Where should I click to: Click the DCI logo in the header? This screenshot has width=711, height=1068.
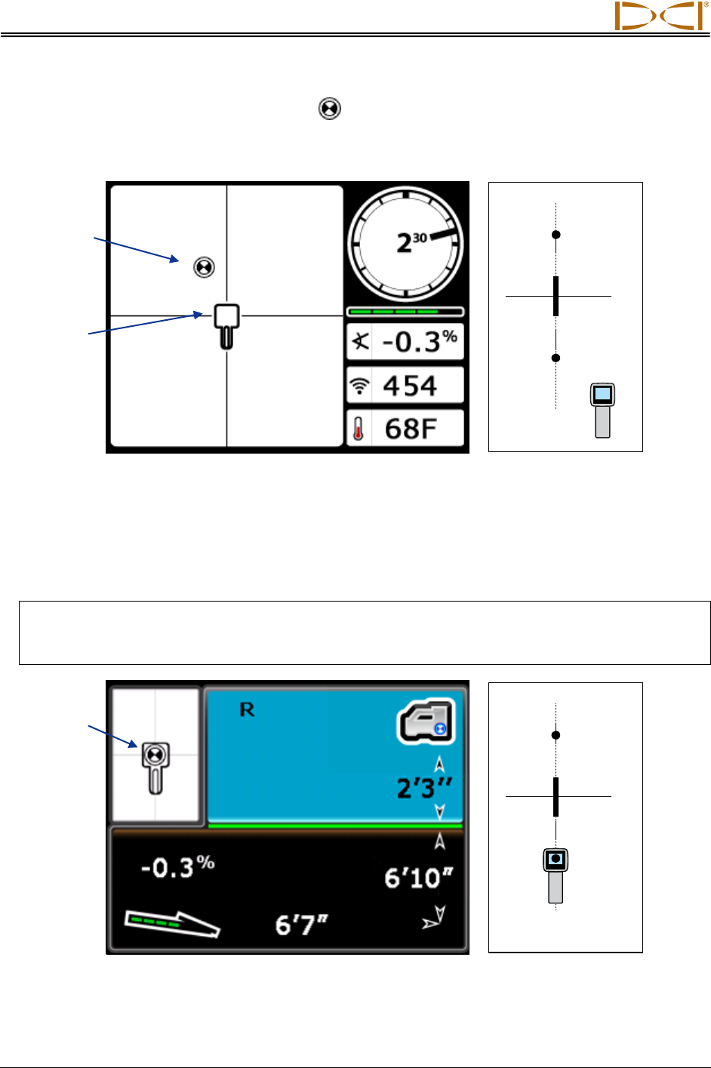[661, 16]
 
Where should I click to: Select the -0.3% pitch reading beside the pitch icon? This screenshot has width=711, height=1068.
[420, 342]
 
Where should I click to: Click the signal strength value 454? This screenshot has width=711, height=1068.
[410, 386]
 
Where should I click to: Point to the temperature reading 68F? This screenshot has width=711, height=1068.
[411, 429]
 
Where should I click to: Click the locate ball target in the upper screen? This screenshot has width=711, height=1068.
[204, 267]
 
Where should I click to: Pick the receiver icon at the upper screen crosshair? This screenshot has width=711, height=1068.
[226, 325]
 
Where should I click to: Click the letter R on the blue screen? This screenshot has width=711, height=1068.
[247, 710]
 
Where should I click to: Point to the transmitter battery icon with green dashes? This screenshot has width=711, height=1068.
[171, 923]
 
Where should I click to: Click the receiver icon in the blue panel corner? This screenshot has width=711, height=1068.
[426, 721]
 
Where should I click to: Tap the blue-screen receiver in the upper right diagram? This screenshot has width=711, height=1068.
[602, 410]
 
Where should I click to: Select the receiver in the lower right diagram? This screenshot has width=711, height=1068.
[556, 875]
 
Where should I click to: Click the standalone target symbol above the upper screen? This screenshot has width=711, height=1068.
[330, 109]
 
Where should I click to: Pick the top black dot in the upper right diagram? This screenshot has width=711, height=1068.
[556, 235]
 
